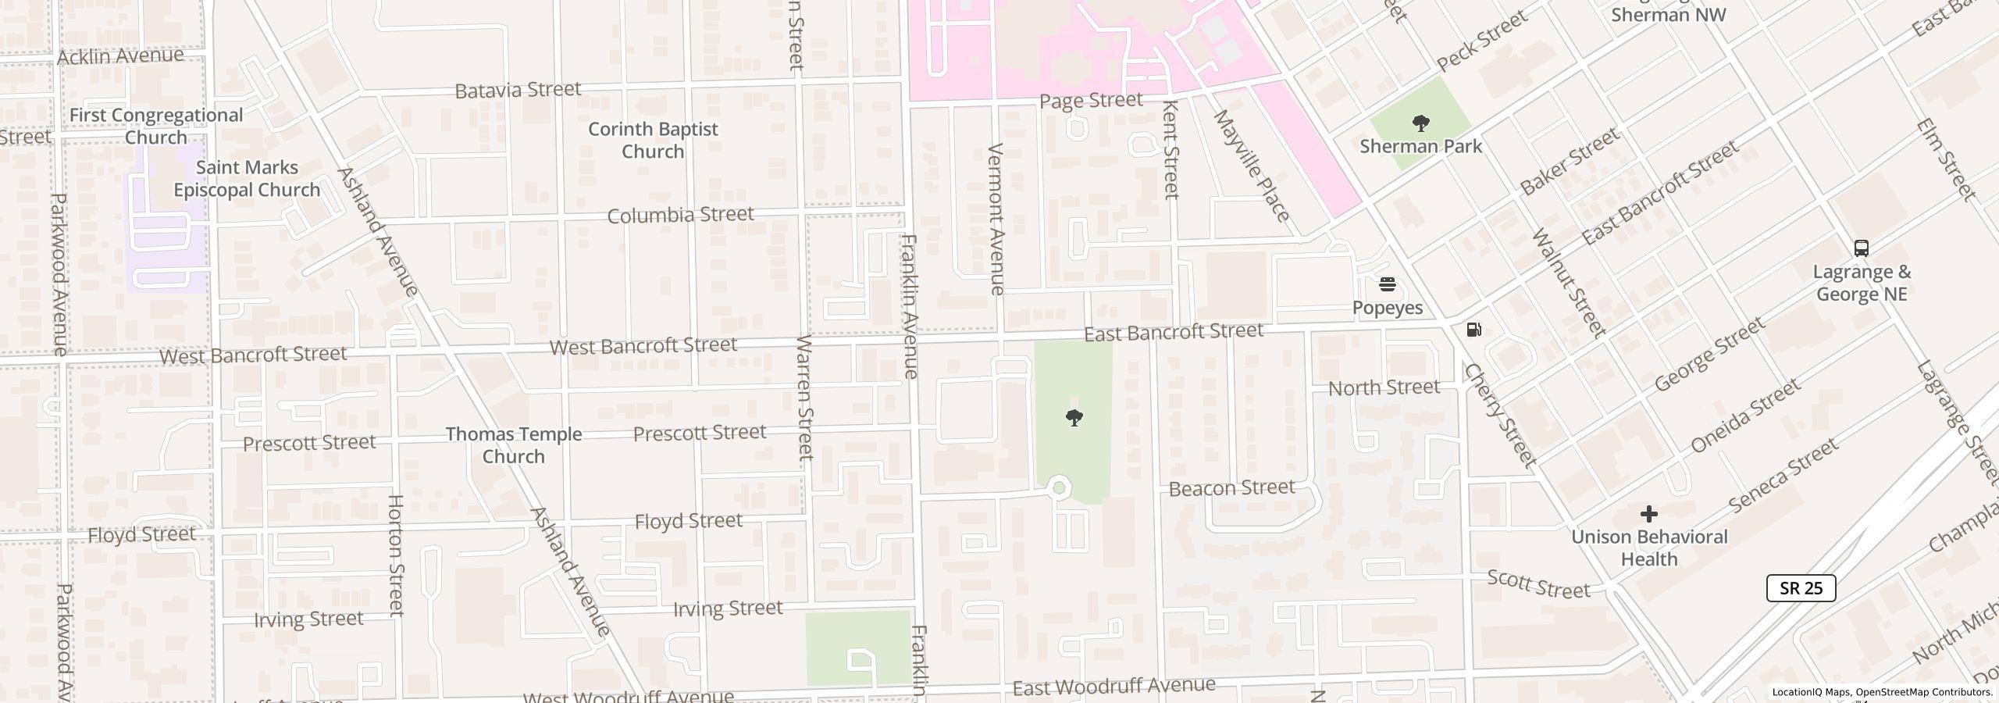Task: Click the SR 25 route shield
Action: [x=1801, y=588]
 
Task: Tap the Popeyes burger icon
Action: [x=1388, y=284]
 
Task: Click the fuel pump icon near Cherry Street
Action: [x=1473, y=330]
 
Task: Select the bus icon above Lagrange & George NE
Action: [x=1862, y=248]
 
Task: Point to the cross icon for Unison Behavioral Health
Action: [x=1648, y=514]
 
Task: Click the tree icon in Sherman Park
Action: [x=1421, y=123]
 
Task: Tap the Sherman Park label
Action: [x=1420, y=146]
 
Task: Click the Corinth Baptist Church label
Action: [x=653, y=140]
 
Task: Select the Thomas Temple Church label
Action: [x=513, y=445]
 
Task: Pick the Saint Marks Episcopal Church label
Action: [x=247, y=179]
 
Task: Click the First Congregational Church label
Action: [x=156, y=126]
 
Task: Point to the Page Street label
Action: [x=1090, y=100]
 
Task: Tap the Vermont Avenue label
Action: [x=996, y=219]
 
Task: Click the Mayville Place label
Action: [x=1251, y=166]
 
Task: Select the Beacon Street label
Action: [x=1231, y=488]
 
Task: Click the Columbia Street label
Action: [x=680, y=215]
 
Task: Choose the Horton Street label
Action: [x=396, y=555]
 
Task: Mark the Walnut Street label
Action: [x=1569, y=283]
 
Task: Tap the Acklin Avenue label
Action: [x=120, y=56]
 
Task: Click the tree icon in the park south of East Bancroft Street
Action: [x=1074, y=417]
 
